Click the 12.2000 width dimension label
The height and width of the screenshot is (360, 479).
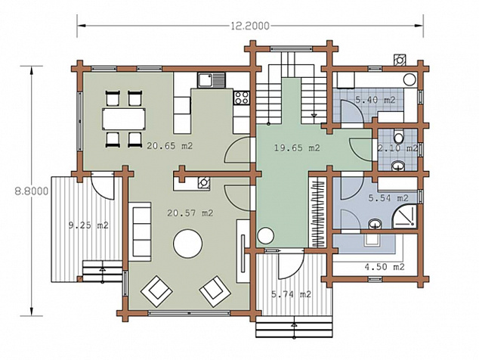tap(250, 26)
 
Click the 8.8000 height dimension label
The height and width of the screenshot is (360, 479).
tap(32, 191)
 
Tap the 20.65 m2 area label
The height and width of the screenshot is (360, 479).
tap(169, 146)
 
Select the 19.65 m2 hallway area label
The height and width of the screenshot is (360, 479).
tap(297, 148)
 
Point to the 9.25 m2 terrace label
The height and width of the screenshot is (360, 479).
tap(88, 225)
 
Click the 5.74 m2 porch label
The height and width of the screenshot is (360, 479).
tap(291, 294)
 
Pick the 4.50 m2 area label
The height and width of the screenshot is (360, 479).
tap(385, 267)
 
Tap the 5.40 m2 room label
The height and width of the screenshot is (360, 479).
tap(375, 100)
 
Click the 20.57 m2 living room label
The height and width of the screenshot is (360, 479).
tap(190, 213)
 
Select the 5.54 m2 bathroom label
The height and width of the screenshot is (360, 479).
tap(388, 198)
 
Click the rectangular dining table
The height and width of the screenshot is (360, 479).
tap(124, 119)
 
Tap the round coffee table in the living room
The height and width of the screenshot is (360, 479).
tap(187, 244)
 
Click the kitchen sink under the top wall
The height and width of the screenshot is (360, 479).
tap(211, 80)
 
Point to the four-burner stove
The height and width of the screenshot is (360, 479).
tap(242, 98)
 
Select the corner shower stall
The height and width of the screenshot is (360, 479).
tap(404, 216)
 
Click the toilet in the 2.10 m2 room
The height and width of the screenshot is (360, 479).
tap(398, 136)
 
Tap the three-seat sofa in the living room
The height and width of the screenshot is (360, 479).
tap(140, 231)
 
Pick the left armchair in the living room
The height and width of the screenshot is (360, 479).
tap(156, 291)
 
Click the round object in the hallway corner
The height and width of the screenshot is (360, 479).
tap(265, 236)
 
